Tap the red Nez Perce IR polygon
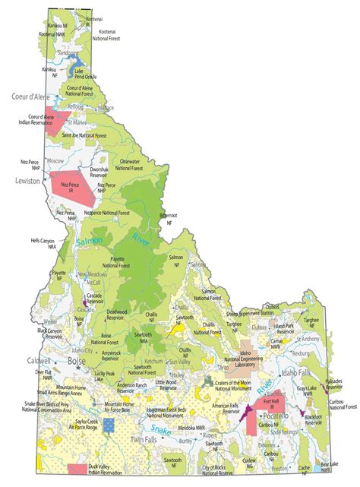pyautogui.click(x=72, y=187)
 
